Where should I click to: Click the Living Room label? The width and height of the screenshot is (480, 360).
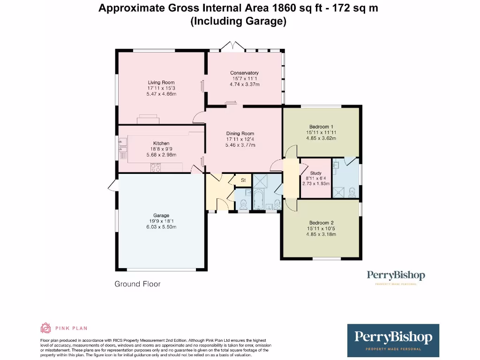click(x=161, y=82)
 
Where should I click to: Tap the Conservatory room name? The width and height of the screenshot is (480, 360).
click(x=244, y=73)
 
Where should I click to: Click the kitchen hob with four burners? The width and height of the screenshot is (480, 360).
click(x=156, y=167)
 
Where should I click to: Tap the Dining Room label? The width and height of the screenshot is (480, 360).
click(x=240, y=134)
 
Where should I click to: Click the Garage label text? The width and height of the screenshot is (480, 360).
click(x=161, y=216)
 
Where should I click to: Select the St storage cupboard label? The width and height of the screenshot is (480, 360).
click(x=243, y=180)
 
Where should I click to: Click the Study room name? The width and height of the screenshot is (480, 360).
click(x=315, y=173)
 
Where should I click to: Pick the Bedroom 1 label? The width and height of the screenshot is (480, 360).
click(x=322, y=127)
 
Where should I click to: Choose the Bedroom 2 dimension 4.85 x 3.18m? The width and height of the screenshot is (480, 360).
click(x=322, y=234)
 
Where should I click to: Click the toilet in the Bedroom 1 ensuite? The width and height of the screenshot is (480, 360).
click(x=352, y=192)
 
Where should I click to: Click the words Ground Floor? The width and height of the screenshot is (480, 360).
click(x=137, y=284)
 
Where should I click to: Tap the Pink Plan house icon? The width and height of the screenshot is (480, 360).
click(x=46, y=328)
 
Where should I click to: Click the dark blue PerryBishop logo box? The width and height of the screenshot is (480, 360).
click(x=393, y=340)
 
